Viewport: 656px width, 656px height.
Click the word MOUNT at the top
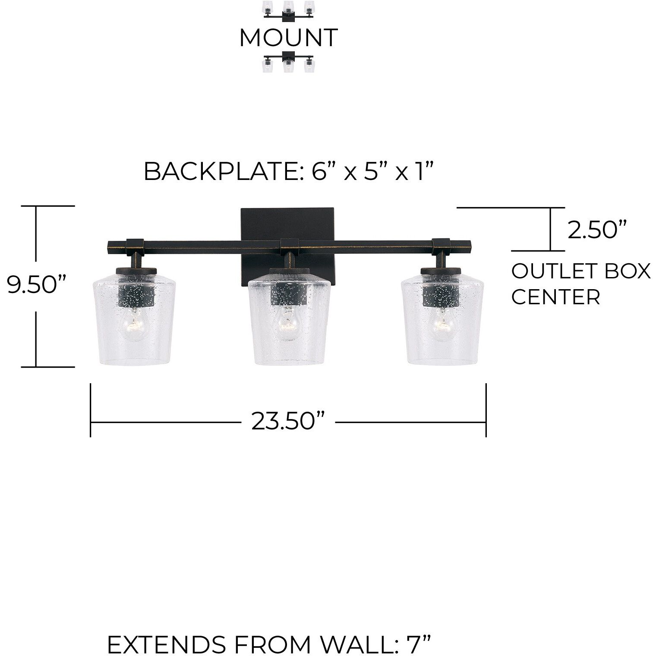(x=288, y=38)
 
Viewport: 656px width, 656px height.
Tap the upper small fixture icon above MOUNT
(x=289, y=12)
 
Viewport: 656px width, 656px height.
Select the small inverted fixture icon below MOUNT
(x=289, y=62)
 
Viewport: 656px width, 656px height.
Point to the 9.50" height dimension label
(x=37, y=285)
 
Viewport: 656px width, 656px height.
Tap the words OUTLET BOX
(x=581, y=271)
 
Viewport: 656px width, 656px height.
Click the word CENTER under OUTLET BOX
(x=556, y=297)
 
